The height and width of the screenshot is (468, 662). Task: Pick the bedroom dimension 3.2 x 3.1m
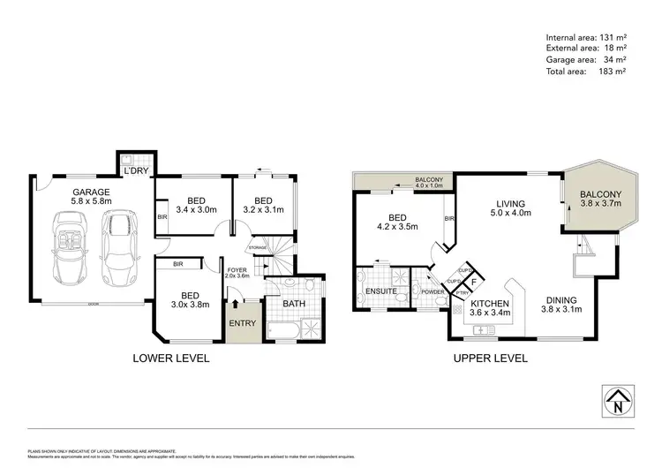[263, 209]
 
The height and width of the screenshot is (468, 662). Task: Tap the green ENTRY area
[241, 324]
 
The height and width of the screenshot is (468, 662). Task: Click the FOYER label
[237, 270]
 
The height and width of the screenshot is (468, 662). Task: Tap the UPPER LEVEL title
[490, 359]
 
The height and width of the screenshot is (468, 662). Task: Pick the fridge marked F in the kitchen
[474, 283]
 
